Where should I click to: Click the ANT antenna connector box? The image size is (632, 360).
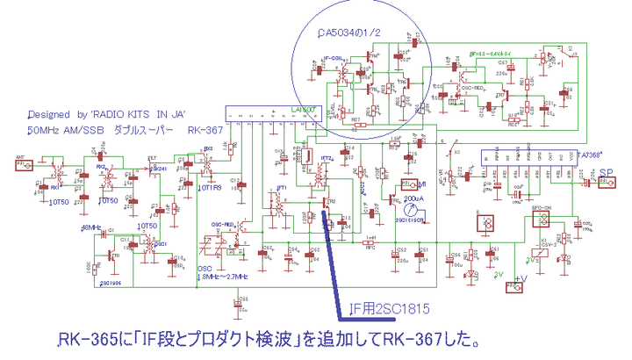(25, 163)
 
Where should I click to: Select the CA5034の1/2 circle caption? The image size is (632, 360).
(350, 33)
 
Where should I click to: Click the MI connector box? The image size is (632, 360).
(409, 185)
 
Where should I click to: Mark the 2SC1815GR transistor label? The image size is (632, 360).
(408, 220)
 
